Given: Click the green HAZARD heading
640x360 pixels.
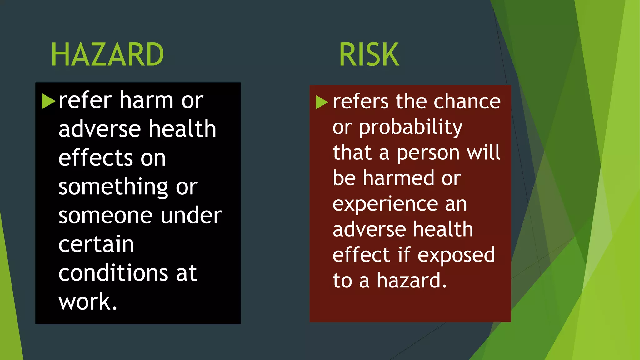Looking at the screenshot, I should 107,55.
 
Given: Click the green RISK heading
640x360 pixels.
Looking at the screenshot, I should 369,55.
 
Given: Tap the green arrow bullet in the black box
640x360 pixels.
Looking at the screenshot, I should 48,101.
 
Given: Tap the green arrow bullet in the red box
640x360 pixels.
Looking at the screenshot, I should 322,102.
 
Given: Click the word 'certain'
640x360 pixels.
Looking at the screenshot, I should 96,244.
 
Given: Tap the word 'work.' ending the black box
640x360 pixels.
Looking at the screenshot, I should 88,302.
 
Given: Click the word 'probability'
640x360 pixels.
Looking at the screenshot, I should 411,127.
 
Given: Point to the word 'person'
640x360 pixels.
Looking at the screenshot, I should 428,153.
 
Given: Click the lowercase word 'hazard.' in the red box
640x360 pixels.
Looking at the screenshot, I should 412,281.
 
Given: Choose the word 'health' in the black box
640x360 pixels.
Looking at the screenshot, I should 182,129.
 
